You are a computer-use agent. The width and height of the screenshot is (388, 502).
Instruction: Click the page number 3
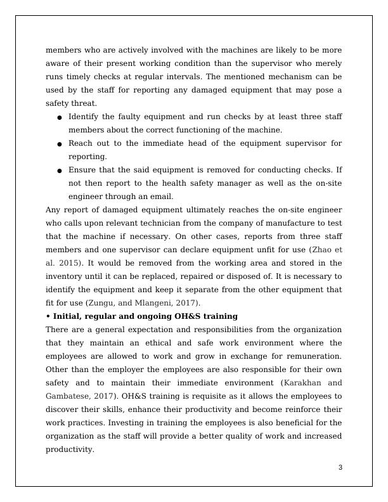[340, 468]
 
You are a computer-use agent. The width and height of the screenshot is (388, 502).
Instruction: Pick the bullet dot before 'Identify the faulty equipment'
[60, 117]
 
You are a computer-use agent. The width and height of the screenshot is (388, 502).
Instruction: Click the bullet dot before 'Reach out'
[60, 144]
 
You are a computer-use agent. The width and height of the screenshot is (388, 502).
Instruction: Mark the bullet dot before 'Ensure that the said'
[60, 171]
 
